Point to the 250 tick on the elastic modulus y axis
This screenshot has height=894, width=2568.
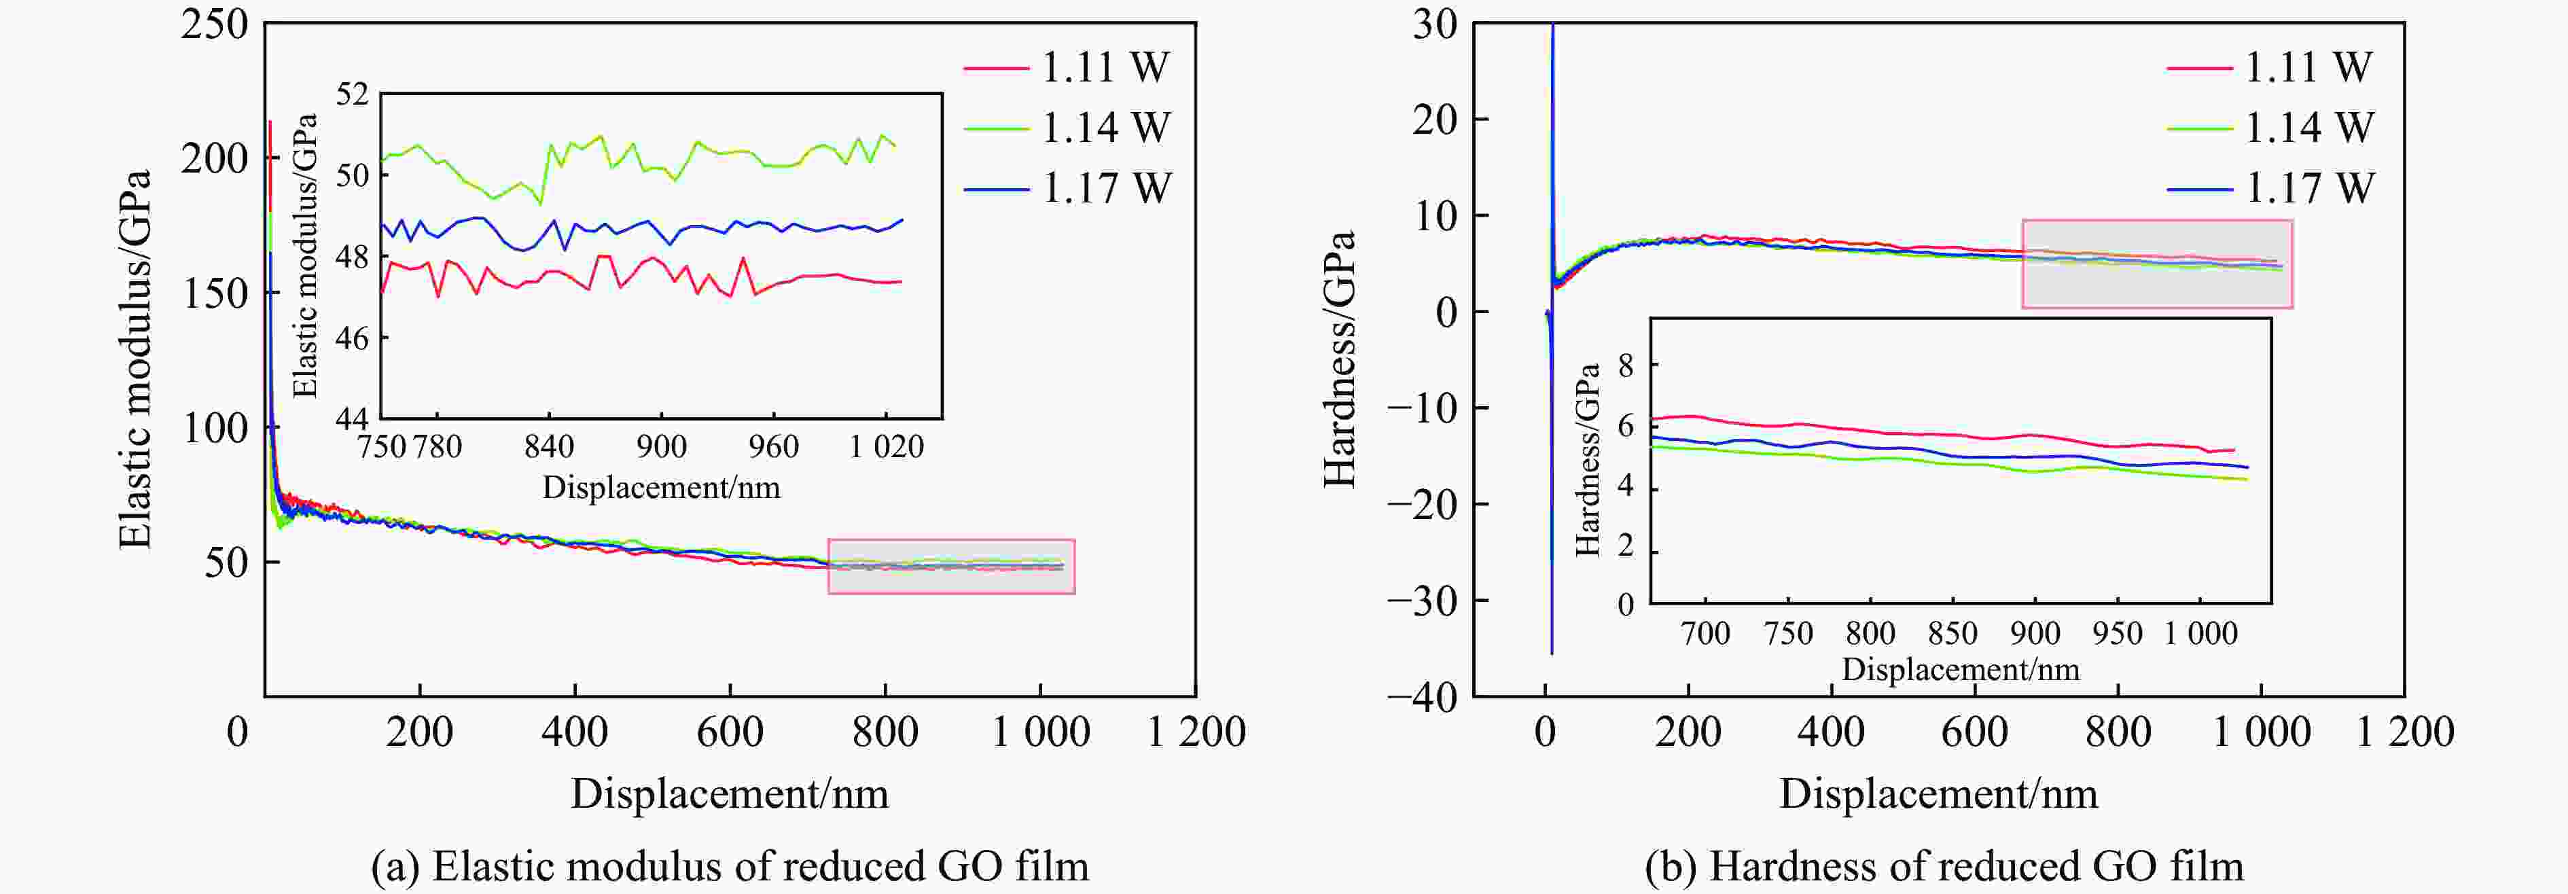coord(214,24)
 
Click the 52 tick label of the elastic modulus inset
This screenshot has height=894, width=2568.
coord(352,94)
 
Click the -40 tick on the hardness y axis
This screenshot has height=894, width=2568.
coord(1421,697)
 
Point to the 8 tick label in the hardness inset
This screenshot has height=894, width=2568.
coord(1626,365)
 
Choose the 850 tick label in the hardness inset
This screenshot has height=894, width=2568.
coord(1952,633)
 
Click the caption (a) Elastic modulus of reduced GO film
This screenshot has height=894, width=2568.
coord(730,865)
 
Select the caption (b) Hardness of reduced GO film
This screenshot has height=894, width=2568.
coord(1944,865)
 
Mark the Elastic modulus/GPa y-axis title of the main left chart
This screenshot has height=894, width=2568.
coord(135,359)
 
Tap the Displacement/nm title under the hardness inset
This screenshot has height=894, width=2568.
coord(1960,668)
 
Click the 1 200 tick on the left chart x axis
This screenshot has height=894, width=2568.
coord(1195,732)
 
